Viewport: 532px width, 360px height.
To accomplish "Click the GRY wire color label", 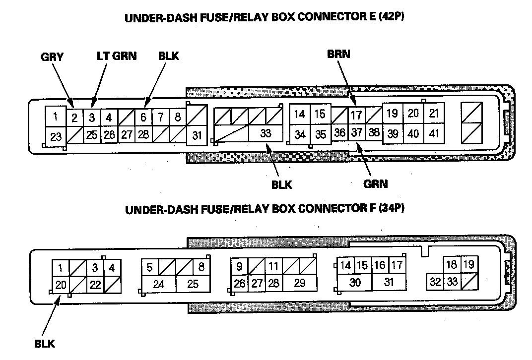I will tap(52, 57).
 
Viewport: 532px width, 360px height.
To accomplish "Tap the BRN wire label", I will tap(338, 55).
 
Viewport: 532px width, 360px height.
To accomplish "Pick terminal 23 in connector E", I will tap(56, 136).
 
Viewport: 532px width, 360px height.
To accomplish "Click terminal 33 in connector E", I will tap(265, 133).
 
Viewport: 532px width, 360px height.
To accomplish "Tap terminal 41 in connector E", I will tap(434, 133).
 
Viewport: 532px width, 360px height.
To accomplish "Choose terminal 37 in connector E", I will tap(356, 133).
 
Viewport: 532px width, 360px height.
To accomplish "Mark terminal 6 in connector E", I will tap(143, 118).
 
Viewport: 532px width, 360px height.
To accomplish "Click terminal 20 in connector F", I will tap(60, 285).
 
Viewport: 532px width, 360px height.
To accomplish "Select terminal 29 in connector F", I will tap(299, 284).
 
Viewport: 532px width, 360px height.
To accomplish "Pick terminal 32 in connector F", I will tap(435, 282).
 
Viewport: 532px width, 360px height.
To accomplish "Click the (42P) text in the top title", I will tap(399, 17).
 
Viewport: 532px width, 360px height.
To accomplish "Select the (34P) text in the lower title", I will tap(392, 209).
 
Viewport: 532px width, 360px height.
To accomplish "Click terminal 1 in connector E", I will tap(56, 118).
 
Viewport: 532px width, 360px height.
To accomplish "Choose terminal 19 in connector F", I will tap(468, 265).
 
